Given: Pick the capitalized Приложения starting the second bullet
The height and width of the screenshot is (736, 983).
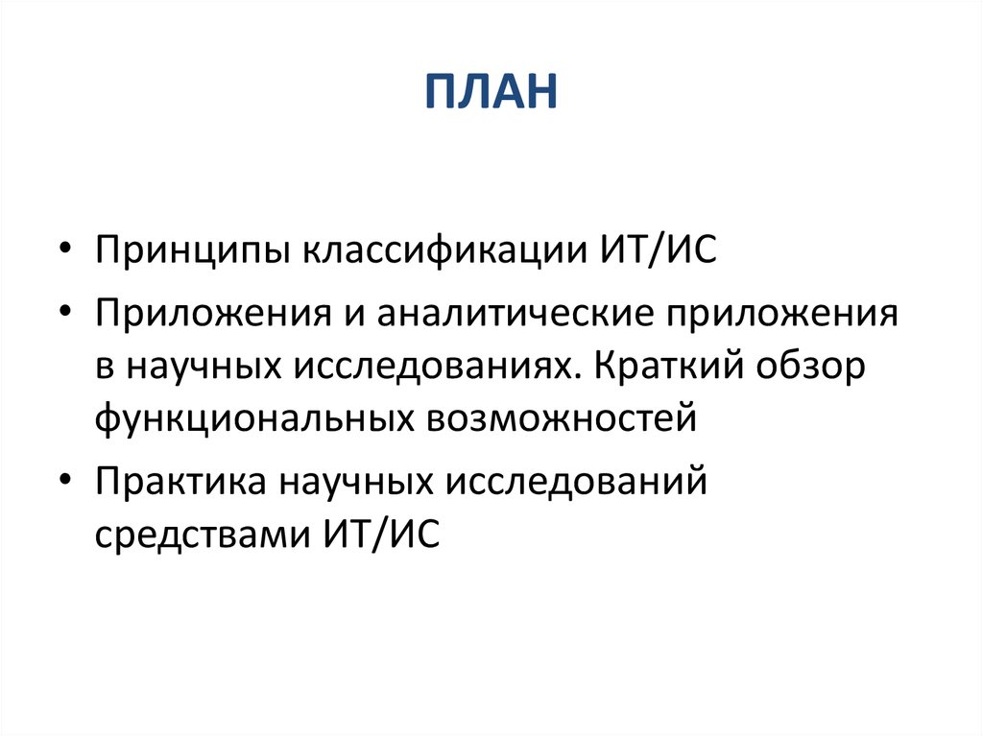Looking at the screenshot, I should (204, 315).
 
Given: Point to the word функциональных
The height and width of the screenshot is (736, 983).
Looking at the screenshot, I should (252, 420).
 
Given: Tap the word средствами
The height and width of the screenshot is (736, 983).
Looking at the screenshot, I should (197, 533).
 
